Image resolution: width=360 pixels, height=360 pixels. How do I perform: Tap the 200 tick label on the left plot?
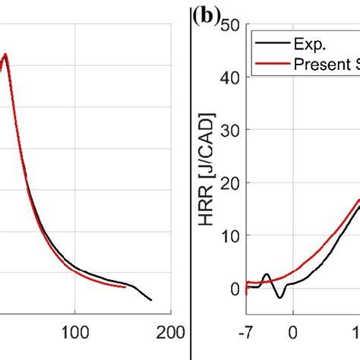[161, 331]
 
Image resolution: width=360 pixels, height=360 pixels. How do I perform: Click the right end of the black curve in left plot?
[151, 300]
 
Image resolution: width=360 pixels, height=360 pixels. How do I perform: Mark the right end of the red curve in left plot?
[125, 286]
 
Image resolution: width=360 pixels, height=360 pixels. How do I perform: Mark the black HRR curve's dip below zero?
[279, 296]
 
